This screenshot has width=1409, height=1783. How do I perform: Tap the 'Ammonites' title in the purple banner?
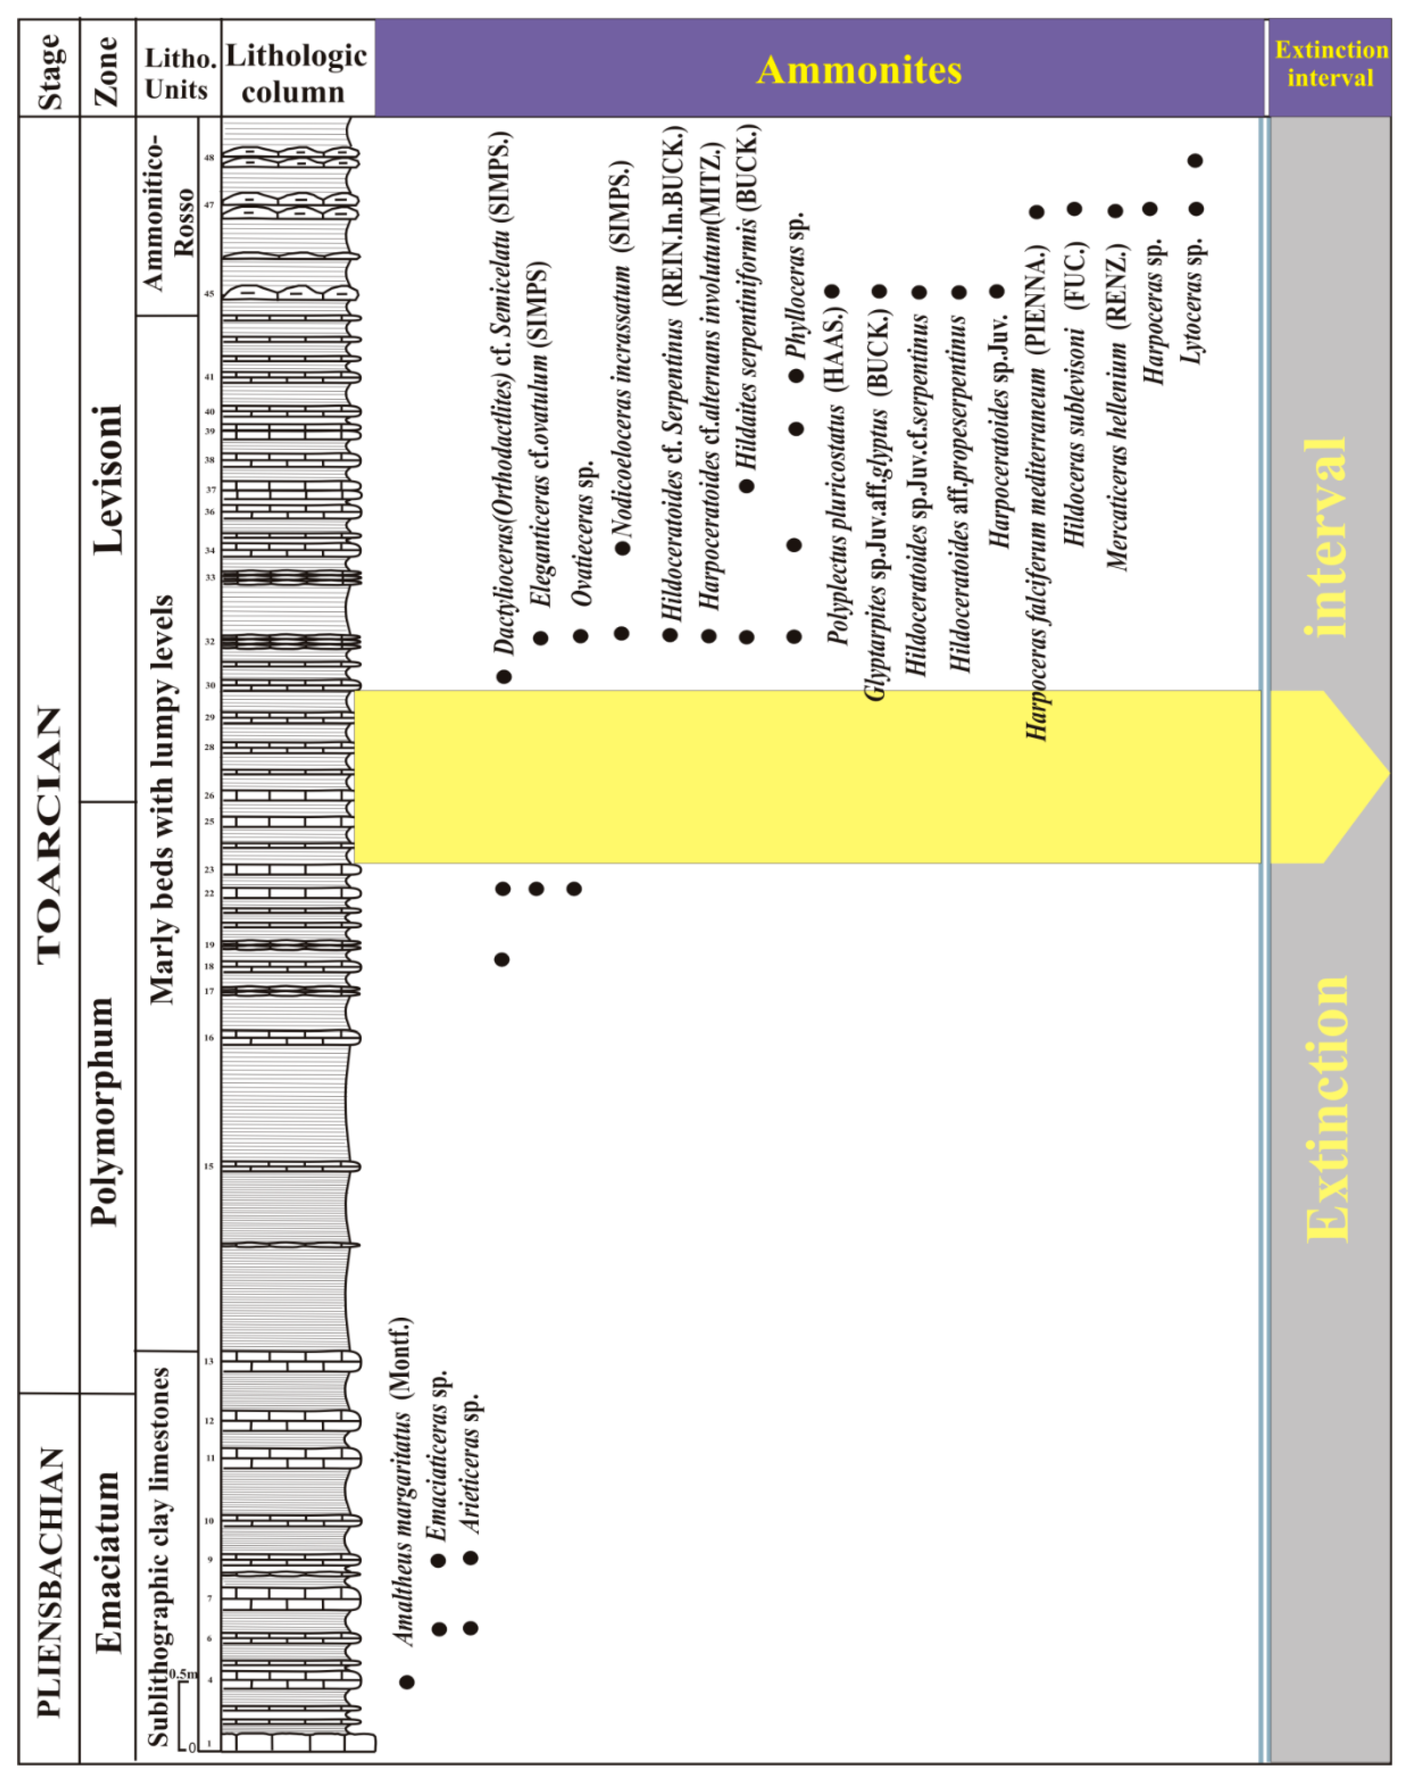pyautogui.click(x=859, y=70)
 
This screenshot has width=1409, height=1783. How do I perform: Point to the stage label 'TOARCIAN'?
pyautogui.click(x=50, y=833)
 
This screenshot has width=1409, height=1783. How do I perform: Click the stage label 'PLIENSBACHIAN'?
pyautogui.click(x=50, y=1583)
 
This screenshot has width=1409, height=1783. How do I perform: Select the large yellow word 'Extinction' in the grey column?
pyautogui.click(x=1328, y=1109)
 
